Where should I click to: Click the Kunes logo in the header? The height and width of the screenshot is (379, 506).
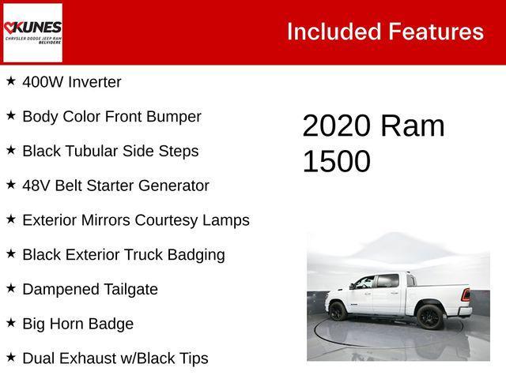32,32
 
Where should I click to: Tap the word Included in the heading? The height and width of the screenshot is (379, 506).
333,32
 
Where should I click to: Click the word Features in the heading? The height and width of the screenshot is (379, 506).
436,32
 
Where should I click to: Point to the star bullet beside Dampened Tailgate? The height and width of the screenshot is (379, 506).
11,288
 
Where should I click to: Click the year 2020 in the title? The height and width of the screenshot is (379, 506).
336,126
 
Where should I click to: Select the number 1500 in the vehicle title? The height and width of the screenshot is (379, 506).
336,161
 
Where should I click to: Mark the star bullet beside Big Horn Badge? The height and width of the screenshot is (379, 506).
11,323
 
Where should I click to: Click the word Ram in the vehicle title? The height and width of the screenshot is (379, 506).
412,126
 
